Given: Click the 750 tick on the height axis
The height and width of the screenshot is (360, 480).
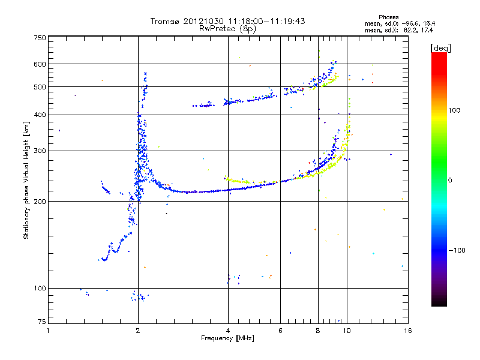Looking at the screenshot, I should [x=40, y=37].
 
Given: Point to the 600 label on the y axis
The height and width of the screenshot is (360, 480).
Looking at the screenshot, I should [x=40, y=64].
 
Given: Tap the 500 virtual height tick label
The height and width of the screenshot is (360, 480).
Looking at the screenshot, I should [x=40, y=87].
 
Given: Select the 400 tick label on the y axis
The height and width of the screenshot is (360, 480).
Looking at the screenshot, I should [x=40, y=115].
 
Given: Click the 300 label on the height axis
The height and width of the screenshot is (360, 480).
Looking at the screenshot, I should [x=40, y=151].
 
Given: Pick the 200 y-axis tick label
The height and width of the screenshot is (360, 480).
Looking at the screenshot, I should [x=40, y=202].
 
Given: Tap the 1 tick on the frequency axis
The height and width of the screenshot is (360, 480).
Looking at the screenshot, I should [x=49, y=330].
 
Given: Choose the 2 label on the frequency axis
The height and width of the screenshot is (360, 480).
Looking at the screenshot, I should [x=138, y=330].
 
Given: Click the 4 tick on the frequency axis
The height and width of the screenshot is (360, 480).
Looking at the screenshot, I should [x=228, y=330].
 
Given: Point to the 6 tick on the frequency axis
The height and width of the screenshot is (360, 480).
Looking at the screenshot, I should [x=280, y=330].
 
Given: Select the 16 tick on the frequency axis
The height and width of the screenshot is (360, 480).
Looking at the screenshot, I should [x=407, y=330].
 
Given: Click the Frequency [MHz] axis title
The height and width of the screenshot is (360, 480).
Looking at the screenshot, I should [x=227, y=338].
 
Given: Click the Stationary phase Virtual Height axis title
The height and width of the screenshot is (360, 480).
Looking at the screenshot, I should [x=26, y=180].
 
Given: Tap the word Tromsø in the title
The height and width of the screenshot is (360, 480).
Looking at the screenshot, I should [x=163, y=21].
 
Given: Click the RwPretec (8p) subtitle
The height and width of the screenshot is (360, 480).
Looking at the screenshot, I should [x=228, y=28].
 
